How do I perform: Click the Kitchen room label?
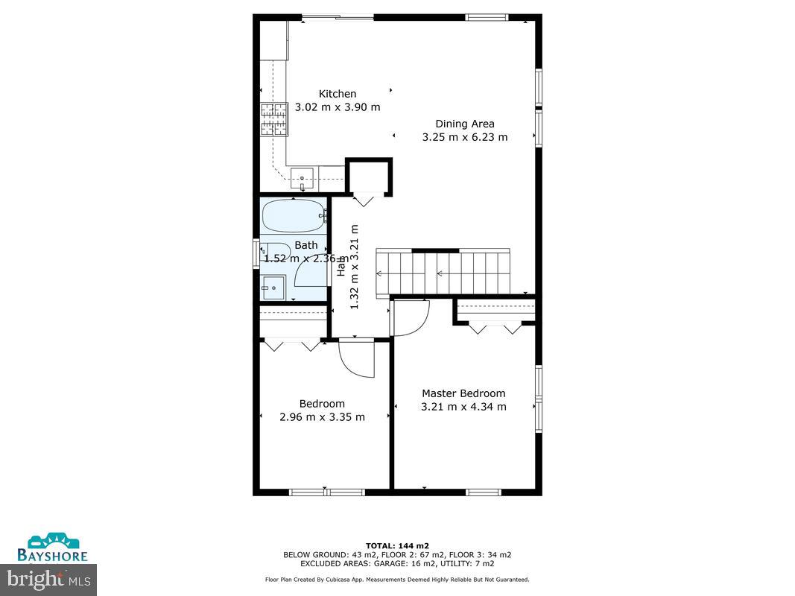click(338, 94)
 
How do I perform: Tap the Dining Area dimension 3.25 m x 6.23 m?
click(464, 137)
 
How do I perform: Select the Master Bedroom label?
click(463, 393)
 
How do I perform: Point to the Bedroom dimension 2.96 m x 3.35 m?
click(322, 417)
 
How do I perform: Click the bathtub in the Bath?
click(294, 216)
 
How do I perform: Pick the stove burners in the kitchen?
click(273, 119)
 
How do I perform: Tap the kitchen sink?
click(302, 177)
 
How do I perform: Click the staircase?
click(443, 273)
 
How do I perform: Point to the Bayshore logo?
click(53, 548)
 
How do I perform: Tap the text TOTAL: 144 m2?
click(397, 545)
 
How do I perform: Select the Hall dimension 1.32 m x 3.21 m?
click(355, 267)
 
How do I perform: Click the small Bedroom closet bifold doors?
click(292, 344)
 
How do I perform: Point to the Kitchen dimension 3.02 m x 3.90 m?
click(338, 107)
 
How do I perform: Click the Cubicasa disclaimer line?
click(397, 580)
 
